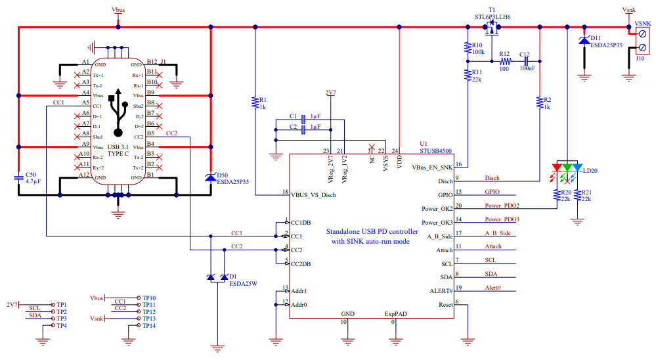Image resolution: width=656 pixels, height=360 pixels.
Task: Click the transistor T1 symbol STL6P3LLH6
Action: click(x=491, y=28)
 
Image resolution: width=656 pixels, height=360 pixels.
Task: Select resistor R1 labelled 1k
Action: click(x=254, y=102)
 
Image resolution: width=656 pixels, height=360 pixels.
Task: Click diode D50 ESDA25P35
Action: click(x=209, y=177)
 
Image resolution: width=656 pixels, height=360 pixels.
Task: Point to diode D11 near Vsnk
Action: click(x=583, y=41)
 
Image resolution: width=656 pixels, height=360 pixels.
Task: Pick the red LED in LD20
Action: click(x=557, y=168)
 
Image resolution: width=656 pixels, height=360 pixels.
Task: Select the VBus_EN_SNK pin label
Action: click(x=432, y=168)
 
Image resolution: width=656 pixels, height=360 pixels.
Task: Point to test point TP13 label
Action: click(x=148, y=319)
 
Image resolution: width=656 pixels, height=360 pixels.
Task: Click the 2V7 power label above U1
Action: click(x=330, y=93)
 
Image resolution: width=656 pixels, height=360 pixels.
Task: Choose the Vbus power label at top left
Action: click(x=118, y=11)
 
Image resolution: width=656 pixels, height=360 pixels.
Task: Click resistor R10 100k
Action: click(x=467, y=48)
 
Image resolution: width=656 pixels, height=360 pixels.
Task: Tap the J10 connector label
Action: click(x=640, y=58)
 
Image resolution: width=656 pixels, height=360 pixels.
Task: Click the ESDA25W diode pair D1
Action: click(x=217, y=277)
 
